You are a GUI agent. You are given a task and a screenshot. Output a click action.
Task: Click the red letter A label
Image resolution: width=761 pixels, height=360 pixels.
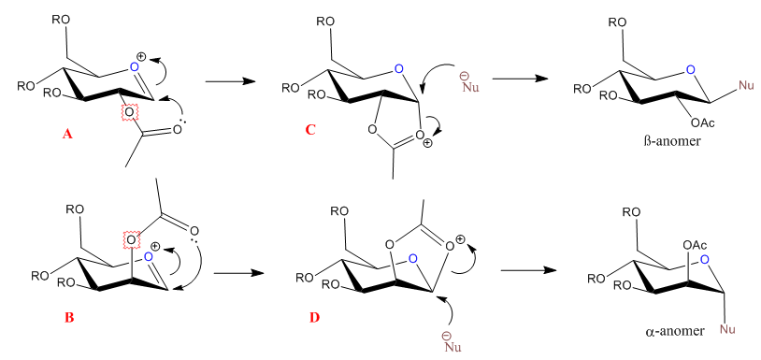[67, 135]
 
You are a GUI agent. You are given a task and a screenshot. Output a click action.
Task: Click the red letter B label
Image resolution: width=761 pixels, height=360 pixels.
[69, 318]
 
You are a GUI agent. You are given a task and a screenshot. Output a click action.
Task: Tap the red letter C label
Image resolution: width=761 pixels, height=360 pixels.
[310, 131]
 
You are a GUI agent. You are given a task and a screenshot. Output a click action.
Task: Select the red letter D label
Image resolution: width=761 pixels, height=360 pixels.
[314, 318]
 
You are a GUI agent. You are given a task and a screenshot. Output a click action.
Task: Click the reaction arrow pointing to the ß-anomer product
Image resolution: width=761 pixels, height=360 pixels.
[517, 79]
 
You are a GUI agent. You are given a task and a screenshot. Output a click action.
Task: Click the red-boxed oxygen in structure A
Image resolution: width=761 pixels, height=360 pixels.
[129, 112]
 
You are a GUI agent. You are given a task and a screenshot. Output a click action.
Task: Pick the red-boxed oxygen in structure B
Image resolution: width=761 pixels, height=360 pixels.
[131, 238]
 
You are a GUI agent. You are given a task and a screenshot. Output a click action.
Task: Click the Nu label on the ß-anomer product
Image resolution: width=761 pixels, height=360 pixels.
[745, 86]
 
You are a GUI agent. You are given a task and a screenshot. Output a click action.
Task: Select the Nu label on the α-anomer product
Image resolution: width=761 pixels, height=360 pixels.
[727, 330]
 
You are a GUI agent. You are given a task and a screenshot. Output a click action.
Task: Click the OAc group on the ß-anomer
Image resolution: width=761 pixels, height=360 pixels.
[702, 123]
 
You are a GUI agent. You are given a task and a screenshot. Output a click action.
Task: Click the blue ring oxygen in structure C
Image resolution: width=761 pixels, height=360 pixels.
[398, 70]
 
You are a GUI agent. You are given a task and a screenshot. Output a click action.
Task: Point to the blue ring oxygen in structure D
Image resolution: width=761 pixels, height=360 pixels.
[412, 259]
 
